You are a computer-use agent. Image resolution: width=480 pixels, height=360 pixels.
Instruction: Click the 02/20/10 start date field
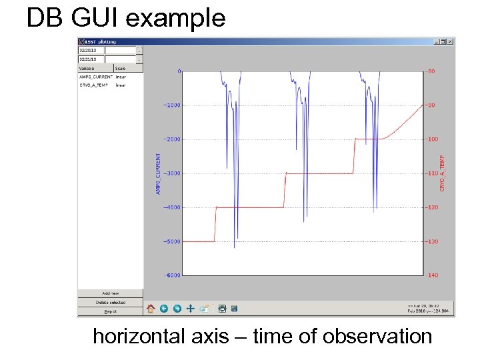92,50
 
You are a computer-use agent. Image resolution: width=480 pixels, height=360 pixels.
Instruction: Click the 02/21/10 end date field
92,59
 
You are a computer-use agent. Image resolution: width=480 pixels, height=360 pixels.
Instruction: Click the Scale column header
120,68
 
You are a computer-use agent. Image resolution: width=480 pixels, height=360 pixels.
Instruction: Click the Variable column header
87,68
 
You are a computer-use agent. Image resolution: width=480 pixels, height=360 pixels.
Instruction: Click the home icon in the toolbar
151,309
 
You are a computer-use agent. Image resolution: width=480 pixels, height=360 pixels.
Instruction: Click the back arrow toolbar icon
164,309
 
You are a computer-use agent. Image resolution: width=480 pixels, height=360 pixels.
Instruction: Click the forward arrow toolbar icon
177,309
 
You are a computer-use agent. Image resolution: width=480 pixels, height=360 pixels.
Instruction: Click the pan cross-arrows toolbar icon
191,309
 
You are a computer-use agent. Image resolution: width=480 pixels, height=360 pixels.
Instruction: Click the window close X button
450,41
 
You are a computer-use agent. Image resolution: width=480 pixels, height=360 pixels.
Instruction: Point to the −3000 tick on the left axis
172,173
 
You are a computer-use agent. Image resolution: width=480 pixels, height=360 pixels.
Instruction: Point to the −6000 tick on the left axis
172,275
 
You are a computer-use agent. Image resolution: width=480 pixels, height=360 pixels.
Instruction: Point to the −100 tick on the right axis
433,139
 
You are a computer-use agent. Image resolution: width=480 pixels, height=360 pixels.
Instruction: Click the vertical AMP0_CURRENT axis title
158,174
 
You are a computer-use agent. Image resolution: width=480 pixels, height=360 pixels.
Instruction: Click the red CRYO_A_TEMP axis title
442,174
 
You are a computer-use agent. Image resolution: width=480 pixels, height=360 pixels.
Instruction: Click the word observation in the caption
377,337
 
